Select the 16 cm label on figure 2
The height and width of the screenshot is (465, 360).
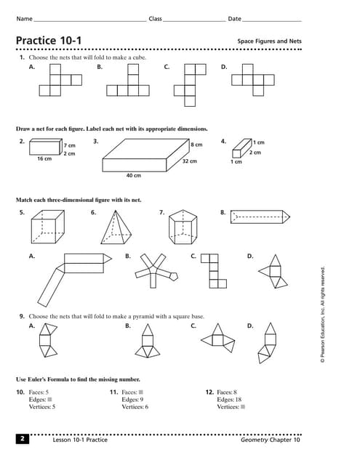(44, 158)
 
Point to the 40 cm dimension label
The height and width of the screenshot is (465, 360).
(133, 176)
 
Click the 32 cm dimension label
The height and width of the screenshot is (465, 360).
(189, 161)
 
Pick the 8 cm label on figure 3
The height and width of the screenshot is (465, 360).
(196, 145)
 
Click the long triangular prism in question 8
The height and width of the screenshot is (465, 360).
(261, 217)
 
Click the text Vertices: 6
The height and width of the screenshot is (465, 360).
(135, 407)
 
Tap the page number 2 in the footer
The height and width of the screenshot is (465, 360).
(23, 439)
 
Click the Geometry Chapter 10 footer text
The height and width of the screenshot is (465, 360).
(271, 440)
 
